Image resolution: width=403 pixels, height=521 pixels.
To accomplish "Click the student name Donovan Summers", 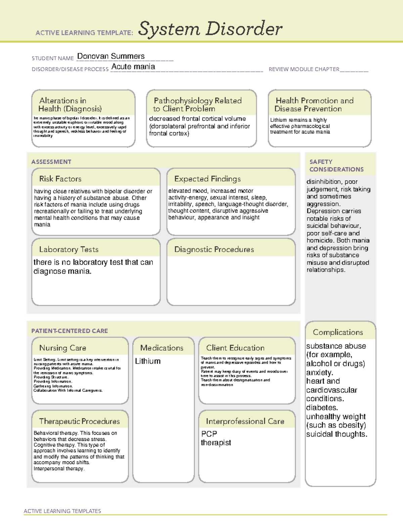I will click(111, 56).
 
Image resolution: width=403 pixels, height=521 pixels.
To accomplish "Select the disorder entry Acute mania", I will click(133, 67).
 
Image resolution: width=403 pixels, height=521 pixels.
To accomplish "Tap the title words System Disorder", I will click(210, 29).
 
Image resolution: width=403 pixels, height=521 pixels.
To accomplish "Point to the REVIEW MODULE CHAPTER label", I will click(304, 69).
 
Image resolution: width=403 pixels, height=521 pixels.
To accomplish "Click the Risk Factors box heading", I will click(60, 179).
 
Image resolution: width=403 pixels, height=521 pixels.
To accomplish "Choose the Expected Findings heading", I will click(207, 179).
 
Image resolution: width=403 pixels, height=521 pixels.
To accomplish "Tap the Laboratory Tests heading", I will click(69, 249).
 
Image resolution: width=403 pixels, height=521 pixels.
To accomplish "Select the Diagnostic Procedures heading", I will click(214, 249).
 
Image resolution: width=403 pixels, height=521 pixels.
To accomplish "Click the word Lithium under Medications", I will click(148, 361).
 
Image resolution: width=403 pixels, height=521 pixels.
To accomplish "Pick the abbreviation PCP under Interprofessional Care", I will click(209, 434).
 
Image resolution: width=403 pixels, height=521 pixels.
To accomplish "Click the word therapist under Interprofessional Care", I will click(216, 443).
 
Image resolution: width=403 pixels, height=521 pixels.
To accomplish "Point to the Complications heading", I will click(338, 332).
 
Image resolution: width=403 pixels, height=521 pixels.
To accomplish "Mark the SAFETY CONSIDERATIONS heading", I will click(336, 165).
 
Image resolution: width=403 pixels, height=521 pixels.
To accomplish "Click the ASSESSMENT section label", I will click(51, 162).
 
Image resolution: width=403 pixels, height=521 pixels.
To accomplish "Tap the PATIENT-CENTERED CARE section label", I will click(70, 331).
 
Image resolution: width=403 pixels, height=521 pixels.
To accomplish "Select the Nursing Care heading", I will click(62, 348).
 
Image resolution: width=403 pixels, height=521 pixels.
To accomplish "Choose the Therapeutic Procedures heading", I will click(79, 421).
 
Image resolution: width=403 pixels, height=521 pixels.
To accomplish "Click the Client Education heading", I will click(235, 348).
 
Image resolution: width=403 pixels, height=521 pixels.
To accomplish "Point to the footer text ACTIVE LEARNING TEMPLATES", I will click(62, 511).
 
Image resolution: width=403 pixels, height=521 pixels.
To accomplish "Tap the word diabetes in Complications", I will click(322, 408).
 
